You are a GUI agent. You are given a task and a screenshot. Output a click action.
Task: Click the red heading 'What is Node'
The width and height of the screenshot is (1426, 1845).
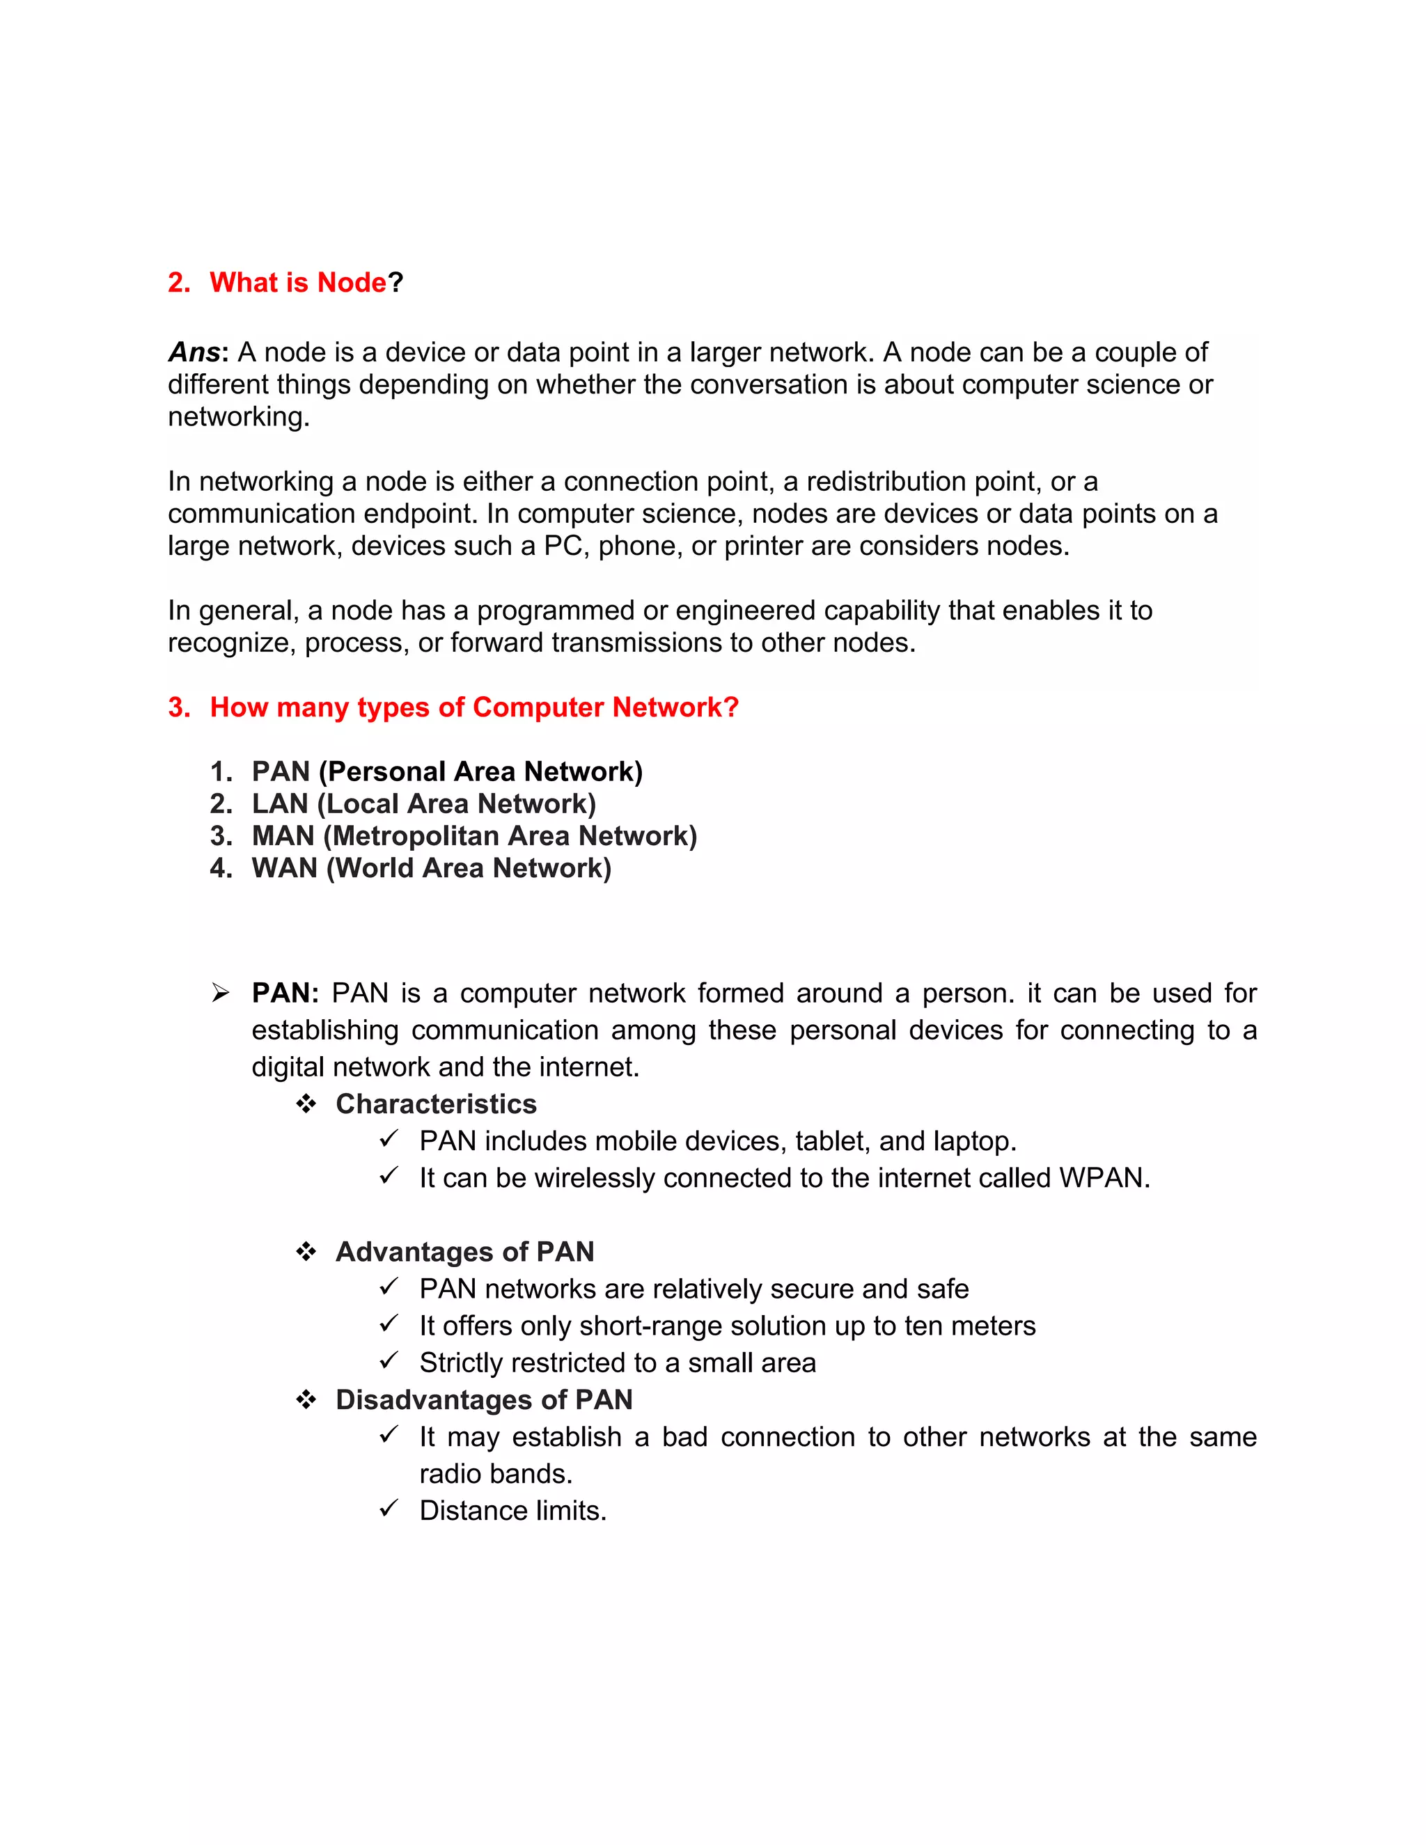pyautogui.click(x=297, y=282)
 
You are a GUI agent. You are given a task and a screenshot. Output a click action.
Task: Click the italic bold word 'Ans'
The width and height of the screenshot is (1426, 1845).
pyautogui.click(x=194, y=352)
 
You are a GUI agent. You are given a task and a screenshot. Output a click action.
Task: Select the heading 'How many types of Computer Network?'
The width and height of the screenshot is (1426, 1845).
pyautogui.click(x=474, y=707)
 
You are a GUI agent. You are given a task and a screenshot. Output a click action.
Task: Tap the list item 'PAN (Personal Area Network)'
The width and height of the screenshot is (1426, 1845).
pyautogui.click(x=447, y=771)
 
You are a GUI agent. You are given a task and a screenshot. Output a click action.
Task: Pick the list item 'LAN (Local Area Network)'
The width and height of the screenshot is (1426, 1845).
pyautogui.click(x=423, y=803)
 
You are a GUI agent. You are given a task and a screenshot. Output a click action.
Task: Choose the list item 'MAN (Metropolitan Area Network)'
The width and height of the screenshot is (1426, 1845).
pyautogui.click(x=474, y=835)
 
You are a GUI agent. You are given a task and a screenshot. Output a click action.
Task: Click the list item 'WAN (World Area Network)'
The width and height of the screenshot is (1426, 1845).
pyautogui.click(x=431, y=867)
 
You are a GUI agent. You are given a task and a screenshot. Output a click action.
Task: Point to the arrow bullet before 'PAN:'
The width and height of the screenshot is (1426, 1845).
pyautogui.click(x=221, y=994)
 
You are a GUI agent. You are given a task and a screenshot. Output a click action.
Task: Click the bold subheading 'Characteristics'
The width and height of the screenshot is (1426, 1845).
pyautogui.click(x=436, y=1104)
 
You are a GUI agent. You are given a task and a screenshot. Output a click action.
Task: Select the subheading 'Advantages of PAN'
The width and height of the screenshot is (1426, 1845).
pyautogui.click(x=464, y=1252)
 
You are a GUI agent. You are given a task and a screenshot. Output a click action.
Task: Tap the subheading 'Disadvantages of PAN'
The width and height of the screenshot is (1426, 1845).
pyautogui.click(x=484, y=1400)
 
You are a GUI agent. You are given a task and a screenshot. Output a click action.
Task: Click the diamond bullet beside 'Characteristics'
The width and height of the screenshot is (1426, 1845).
pyautogui.click(x=306, y=1104)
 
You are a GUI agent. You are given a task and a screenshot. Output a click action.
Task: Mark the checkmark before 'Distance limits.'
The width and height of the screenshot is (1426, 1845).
pyautogui.click(x=389, y=1509)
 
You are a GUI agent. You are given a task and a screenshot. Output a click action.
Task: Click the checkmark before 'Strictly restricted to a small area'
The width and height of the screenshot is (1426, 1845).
pyautogui.click(x=389, y=1361)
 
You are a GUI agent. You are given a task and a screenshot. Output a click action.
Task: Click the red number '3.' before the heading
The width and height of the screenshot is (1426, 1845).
pyautogui.click(x=179, y=707)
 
